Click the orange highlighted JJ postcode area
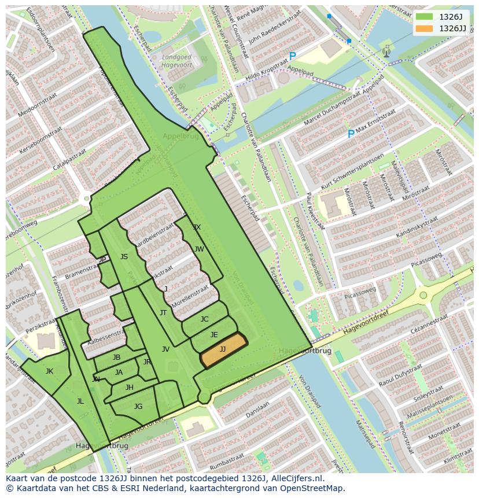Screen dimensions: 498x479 223,350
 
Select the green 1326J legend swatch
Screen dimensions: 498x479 424,17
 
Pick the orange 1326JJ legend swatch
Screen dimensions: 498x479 424,28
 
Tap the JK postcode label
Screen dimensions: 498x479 49,371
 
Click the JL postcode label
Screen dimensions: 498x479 80,401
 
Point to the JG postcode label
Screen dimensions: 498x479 138,407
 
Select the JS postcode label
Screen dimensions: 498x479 124,257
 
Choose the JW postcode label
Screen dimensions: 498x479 199,249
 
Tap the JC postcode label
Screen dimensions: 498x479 204,319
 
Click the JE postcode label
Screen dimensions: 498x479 214,335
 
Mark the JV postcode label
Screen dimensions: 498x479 165,349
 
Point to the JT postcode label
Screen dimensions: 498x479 163,313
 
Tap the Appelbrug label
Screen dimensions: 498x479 180,137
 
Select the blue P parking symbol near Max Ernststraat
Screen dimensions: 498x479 351,134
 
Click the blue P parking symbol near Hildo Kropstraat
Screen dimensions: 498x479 292,57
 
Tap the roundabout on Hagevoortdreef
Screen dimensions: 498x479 423,295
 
